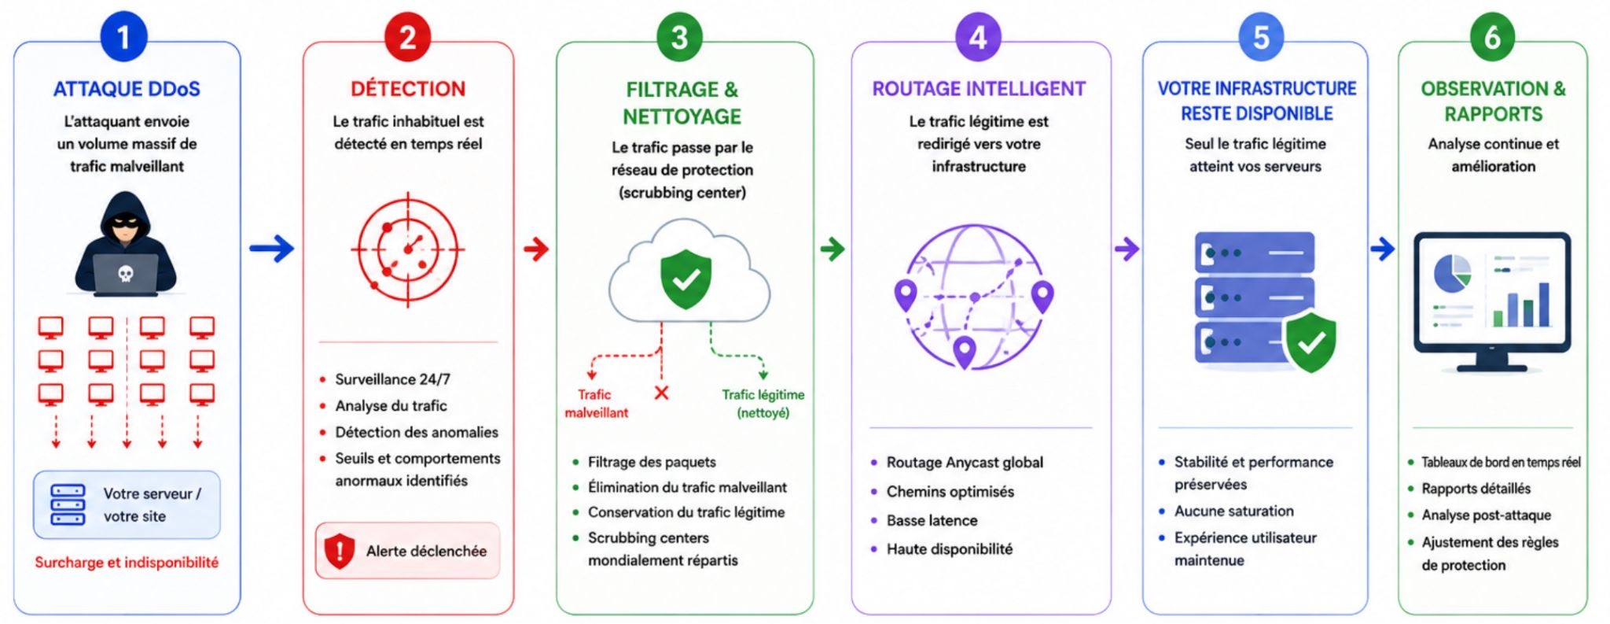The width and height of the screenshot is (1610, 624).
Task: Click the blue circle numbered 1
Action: point(123,37)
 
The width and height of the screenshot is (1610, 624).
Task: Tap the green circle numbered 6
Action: point(1492,37)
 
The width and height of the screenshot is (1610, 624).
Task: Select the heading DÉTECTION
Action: point(408,89)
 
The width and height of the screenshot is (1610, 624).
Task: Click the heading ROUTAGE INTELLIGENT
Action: point(979,89)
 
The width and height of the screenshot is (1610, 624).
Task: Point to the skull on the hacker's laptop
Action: point(125,273)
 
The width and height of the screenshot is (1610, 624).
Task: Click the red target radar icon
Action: point(407,249)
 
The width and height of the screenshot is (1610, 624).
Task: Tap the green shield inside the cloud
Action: point(686,279)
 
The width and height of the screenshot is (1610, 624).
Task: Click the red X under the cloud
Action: point(662,393)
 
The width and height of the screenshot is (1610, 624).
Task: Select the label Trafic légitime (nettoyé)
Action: point(763,404)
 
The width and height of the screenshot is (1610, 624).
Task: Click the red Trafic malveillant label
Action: point(596,404)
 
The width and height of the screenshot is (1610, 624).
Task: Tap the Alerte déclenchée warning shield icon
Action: point(340,551)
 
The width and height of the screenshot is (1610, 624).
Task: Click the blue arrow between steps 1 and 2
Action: point(272,249)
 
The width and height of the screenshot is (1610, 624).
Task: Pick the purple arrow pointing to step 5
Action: point(1127,249)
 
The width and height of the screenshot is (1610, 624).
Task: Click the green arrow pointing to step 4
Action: point(833,249)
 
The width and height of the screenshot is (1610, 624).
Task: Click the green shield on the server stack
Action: point(1310,342)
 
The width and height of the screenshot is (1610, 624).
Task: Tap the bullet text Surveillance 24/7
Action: point(392,379)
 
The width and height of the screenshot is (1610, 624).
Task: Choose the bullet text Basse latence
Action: point(932,520)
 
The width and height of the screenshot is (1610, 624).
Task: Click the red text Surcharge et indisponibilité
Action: point(127,563)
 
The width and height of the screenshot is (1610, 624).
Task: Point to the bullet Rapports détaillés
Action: point(1476,489)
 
